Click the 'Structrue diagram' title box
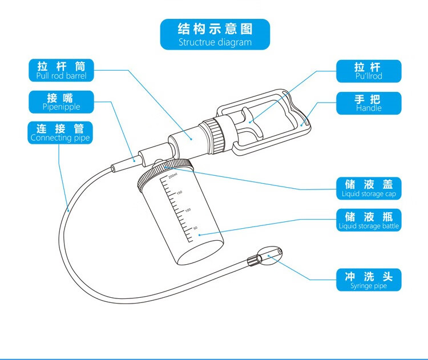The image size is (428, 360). (215, 34)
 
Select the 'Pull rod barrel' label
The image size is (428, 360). (61, 70)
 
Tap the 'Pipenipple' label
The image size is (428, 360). (61, 101)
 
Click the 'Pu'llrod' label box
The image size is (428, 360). (368, 71)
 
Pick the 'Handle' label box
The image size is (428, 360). (368, 103)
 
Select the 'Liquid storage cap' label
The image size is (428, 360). (368, 188)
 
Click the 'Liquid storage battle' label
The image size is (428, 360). (368, 220)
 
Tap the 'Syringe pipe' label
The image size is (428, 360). (368, 280)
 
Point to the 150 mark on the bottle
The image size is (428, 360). (179, 193)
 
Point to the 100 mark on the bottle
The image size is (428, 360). (187, 211)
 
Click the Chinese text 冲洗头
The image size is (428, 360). (368, 276)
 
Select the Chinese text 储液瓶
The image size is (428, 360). (368, 215)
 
